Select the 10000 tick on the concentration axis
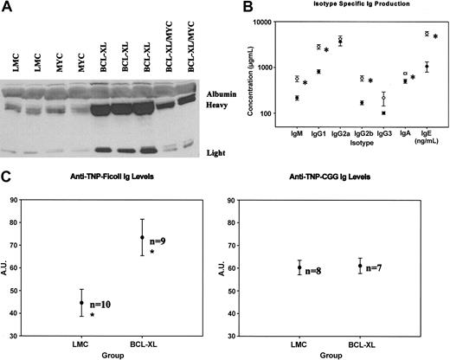point(278,22)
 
